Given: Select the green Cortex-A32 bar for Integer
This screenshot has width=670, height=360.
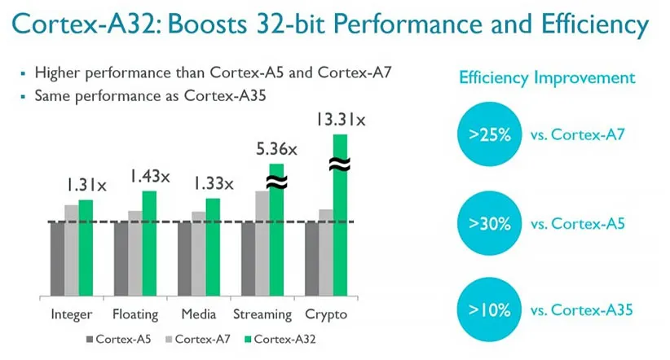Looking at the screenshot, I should (86, 248).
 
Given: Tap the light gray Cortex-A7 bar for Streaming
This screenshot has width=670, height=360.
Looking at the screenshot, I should (262, 244).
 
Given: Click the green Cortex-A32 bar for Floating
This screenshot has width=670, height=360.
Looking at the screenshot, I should (149, 244).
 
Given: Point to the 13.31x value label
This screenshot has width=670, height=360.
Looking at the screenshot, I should (341, 121).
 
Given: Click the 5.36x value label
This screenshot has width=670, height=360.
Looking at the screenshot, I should (276, 150).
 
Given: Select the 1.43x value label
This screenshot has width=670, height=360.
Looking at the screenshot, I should (149, 176).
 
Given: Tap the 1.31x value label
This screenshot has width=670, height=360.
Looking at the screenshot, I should (86, 186).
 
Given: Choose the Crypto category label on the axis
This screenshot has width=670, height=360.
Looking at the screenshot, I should (326, 314).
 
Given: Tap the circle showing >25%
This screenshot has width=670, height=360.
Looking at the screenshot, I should (490, 134).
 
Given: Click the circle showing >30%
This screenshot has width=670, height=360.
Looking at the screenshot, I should (490, 222).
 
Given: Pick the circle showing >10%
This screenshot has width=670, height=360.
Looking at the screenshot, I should (490, 310).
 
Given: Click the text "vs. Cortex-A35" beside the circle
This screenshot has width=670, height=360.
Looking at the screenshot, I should (582, 310).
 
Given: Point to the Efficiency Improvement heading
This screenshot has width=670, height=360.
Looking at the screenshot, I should (547, 78).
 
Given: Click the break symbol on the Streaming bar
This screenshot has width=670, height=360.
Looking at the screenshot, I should (276, 182).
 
